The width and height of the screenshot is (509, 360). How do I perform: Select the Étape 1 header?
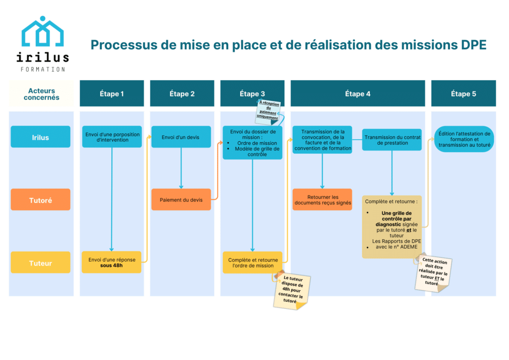point(112,93)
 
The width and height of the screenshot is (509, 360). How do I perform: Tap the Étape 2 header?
point(182,93)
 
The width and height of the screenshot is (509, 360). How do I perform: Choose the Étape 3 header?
point(252,93)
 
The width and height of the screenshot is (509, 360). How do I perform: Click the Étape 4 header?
point(357,93)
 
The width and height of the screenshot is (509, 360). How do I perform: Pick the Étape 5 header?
point(463,93)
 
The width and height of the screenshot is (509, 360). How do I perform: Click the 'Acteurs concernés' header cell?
point(41,94)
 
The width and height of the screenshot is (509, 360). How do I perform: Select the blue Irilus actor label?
point(40,137)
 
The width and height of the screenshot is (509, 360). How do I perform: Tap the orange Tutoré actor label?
point(40,200)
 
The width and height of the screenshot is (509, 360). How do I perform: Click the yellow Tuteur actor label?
point(40,263)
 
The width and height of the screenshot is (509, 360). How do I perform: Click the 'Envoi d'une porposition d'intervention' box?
point(112,137)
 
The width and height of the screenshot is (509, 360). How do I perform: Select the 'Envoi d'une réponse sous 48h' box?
point(112,262)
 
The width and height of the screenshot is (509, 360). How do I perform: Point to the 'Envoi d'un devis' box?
point(181,137)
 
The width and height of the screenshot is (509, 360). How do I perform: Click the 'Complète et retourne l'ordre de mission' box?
point(252,262)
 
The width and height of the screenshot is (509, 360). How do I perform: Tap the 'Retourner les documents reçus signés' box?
point(322,199)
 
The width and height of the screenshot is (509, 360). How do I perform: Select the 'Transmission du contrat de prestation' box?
point(392,140)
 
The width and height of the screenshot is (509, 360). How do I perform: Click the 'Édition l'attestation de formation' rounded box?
point(464,140)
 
